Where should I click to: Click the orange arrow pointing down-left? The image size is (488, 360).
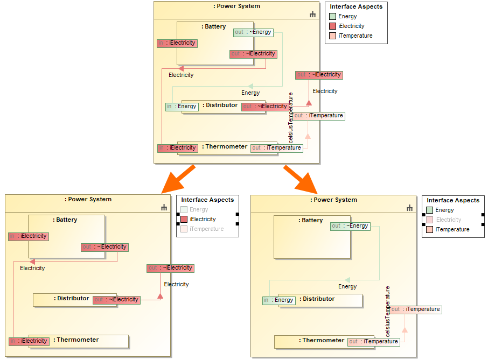click(177, 179)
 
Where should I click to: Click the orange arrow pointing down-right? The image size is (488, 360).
click(301, 179)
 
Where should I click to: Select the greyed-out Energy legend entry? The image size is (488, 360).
click(198, 210)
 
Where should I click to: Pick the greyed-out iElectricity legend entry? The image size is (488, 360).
click(448, 220)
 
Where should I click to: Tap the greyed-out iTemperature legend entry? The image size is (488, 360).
click(206, 229)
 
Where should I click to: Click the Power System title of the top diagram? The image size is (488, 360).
click(237, 6)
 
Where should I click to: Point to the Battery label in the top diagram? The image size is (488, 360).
click(214, 27)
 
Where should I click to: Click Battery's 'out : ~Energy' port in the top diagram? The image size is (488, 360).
click(253, 32)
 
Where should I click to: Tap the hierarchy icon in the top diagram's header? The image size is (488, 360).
click(313, 15)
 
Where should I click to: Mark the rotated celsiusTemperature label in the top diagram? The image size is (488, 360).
click(291, 117)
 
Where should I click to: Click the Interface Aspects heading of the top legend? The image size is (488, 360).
click(356, 6)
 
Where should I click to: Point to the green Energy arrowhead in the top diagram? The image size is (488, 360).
click(252, 86)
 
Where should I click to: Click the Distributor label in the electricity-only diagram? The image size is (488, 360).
click(72, 298)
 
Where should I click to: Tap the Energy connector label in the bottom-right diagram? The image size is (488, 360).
click(347, 286)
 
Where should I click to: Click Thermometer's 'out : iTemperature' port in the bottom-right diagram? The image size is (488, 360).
click(373, 341)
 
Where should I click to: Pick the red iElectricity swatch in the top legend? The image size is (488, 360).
click(333, 26)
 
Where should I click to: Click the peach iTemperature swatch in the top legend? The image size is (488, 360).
click(333, 36)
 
